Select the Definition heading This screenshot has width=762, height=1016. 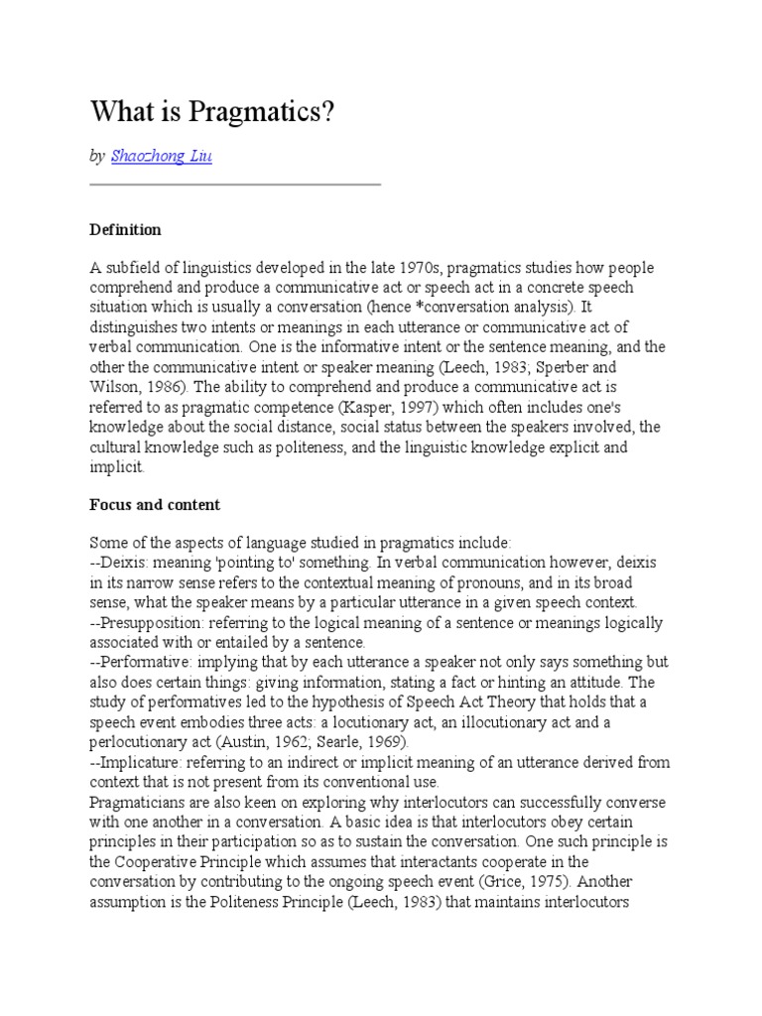click(125, 229)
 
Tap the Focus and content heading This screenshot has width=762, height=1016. click(155, 504)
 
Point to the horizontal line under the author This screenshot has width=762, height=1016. click(235, 185)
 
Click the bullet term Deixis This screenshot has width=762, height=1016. click(122, 563)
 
